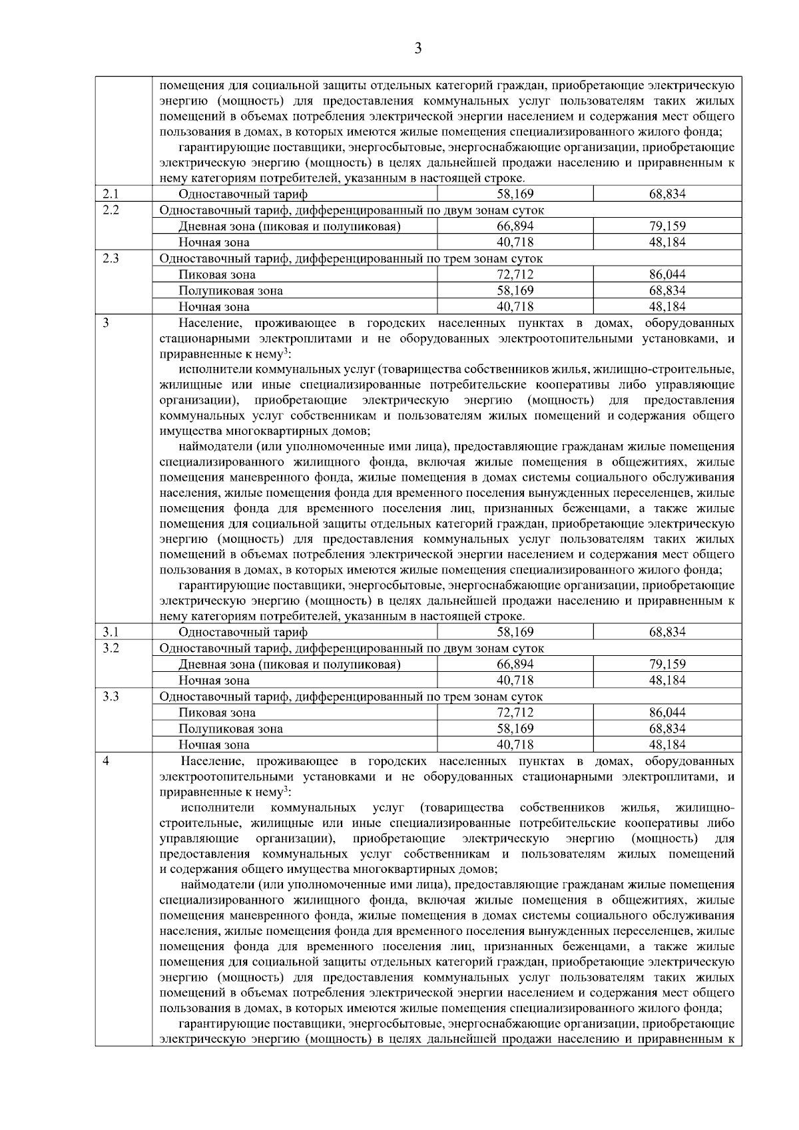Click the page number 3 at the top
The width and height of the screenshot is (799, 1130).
(x=417, y=48)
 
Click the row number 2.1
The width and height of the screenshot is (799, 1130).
(x=111, y=194)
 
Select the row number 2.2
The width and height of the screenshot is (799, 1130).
(x=111, y=210)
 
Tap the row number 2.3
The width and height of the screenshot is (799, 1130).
(x=111, y=258)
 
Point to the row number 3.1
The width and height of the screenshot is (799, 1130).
(x=111, y=632)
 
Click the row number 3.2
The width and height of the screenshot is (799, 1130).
(x=111, y=648)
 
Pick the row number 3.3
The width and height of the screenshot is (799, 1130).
(x=111, y=697)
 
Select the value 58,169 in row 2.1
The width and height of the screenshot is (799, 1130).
(x=515, y=194)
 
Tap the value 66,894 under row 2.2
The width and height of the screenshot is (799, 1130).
(x=515, y=226)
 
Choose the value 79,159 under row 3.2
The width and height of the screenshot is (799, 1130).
(x=667, y=665)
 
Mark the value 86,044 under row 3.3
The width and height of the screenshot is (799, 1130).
(x=667, y=713)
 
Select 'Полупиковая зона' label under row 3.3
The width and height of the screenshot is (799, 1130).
(x=230, y=729)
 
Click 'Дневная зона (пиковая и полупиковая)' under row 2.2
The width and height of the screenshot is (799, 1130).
(x=289, y=226)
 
